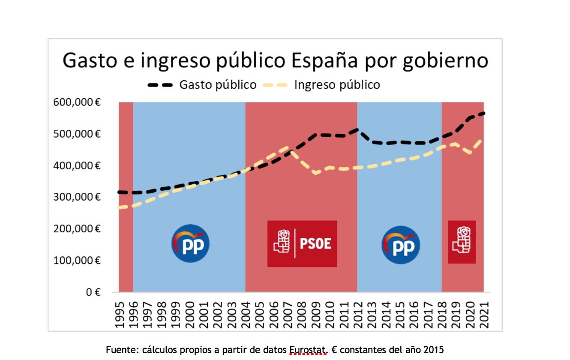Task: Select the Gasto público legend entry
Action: point(217,85)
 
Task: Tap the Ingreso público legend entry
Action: point(336,85)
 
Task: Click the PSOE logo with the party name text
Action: point(302,244)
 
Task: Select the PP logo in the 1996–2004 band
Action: point(190,243)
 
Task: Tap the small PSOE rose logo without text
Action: point(462,242)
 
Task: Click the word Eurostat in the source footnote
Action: point(308,350)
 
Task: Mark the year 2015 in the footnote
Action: point(434,350)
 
